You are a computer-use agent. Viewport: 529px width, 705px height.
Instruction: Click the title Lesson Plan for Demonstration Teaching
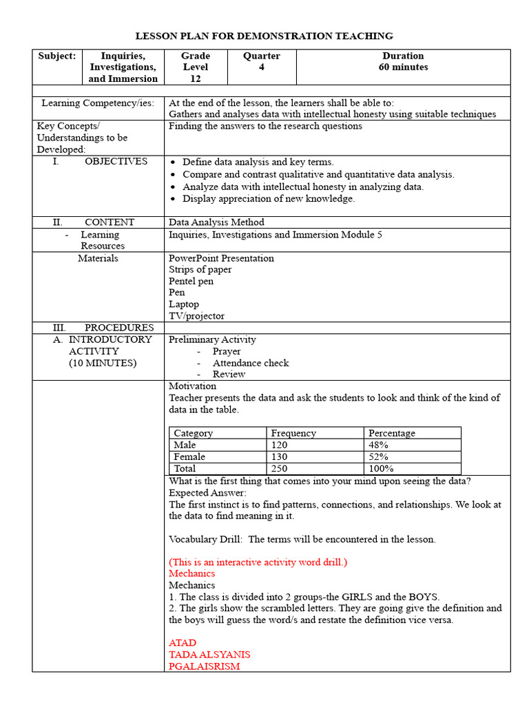(x=264, y=36)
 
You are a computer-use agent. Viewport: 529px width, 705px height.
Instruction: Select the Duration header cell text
(x=403, y=56)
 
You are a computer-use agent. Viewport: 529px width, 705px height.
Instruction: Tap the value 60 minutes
(x=403, y=67)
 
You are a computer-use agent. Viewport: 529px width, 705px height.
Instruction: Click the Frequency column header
(x=293, y=433)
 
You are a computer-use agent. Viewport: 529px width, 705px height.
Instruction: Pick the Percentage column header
(x=392, y=433)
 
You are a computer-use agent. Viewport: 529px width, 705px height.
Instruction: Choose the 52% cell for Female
(x=378, y=456)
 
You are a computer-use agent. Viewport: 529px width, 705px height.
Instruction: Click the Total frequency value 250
(x=279, y=468)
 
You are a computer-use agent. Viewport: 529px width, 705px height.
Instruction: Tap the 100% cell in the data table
(x=381, y=468)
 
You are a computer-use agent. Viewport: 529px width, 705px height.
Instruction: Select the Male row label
(x=185, y=445)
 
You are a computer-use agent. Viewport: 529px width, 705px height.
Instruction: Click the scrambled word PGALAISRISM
(x=204, y=666)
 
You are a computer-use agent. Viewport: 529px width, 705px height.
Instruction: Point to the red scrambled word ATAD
(x=183, y=643)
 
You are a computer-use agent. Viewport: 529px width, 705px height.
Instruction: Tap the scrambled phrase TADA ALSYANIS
(x=209, y=655)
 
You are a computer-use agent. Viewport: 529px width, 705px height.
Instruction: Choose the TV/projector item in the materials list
(x=196, y=316)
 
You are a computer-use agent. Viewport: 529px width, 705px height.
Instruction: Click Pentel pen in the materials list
(x=191, y=281)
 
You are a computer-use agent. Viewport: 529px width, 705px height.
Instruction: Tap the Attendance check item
(x=251, y=363)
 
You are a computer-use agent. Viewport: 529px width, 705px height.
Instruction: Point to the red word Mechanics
(x=191, y=574)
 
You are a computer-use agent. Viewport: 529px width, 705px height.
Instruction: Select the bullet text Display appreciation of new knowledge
(x=269, y=199)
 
